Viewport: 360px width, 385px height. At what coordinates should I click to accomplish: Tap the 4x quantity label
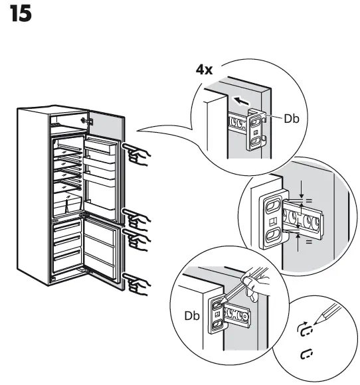204,70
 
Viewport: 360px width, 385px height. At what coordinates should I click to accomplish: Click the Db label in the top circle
293,119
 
